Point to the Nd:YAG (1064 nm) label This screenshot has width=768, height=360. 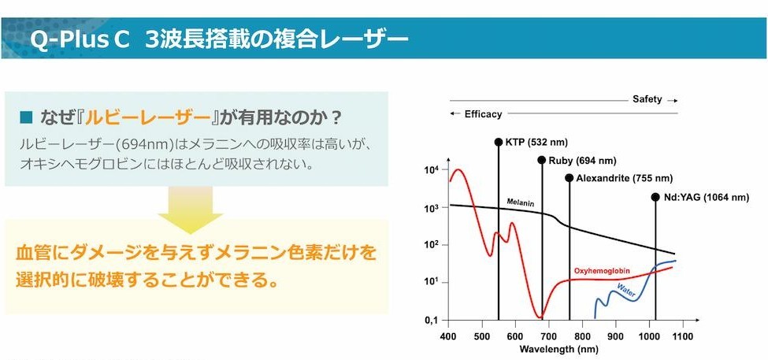tap(705, 196)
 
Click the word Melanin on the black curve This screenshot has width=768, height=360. tap(521, 202)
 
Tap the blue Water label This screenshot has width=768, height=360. tap(626, 293)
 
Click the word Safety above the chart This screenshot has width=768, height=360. tap(647, 99)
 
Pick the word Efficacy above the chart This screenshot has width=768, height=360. tap(483, 114)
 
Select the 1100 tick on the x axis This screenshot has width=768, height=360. tap(682, 336)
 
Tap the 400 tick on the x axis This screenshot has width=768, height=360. tap(448, 336)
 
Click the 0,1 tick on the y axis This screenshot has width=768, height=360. tap(431, 321)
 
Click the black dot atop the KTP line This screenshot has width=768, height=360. tap(499, 143)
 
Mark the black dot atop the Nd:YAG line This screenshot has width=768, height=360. tap(655, 196)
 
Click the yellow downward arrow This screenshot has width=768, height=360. tap(190, 210)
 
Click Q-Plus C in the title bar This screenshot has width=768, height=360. tap(79, 39)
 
